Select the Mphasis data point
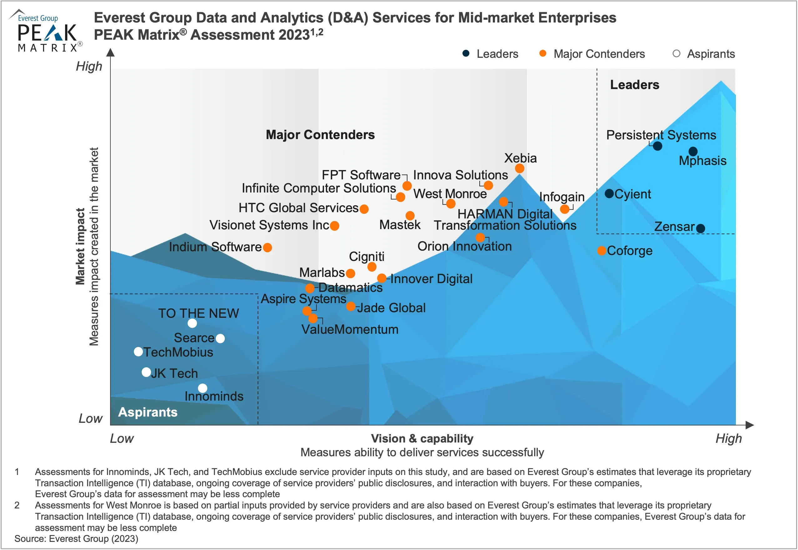pyautogui.click(x=693, y=151)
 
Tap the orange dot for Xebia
pyautogui.click(x=519, y=168)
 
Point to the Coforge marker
pyautogui.click(x=601, y=251)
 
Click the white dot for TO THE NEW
pyautogui.click(x=192, y=323)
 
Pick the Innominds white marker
pyautogui.click(x=202, y=388)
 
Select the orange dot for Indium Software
pyautogui.click(x=267, y=247)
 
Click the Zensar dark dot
pyautogui.click(x=700, y=228)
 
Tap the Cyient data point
pyautogui.click(x=609, y=194)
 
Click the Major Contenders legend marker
pyautogui.click(x=543, y=53)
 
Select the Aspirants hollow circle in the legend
pyautogui.click(x=676, y=53)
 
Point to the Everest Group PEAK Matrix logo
pyautogui.click(x=47, y=31)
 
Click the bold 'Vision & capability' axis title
pyautogui.click(x=422, y=438)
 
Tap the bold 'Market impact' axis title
pyautogui.click(x=80, y=246)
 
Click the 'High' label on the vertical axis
pyautogui.click(x=89, y=66)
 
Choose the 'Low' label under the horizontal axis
pyautogui.click(x=122, y=438)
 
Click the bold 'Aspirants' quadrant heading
pyautogui.click(x=148, y=412)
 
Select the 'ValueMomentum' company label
pyautogui.click(x=350, y=329)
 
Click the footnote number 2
pyautogui.click(x=17, y=505)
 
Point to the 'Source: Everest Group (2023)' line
pyautogui.click(x=76, y=539)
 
